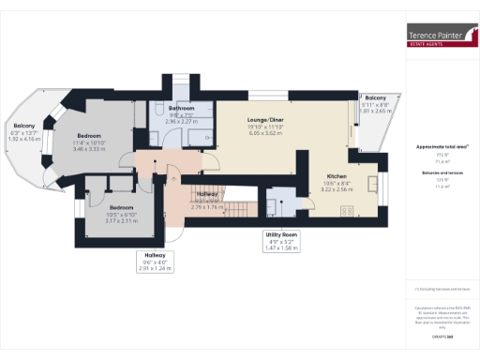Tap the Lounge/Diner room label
264,120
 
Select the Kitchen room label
337,175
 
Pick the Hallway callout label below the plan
155,254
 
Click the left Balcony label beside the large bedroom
24,126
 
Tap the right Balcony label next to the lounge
375,97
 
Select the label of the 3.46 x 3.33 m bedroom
90,136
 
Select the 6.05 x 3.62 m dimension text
264,133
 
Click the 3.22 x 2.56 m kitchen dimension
337,188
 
